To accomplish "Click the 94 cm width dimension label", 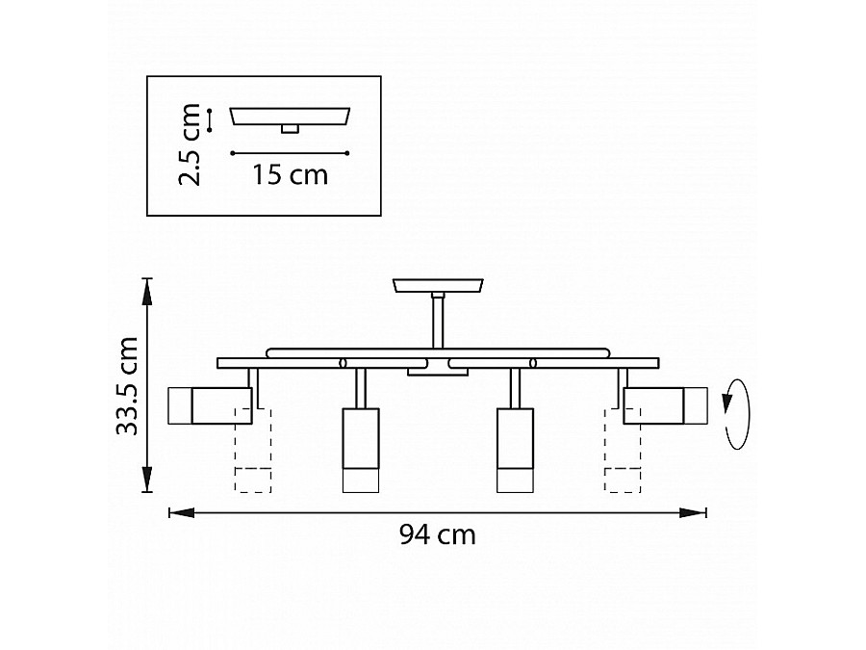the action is (438, 534).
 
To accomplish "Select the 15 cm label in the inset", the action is (290, 174).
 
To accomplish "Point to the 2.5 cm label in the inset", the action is (190, 143).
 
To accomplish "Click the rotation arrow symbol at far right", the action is (737, 414).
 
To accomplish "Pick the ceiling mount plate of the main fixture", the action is (438, 286).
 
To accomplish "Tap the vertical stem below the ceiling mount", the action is (438, 321).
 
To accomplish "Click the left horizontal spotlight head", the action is (210, 405).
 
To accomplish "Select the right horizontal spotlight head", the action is (666, 405).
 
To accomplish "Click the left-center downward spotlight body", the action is (361, 450).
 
